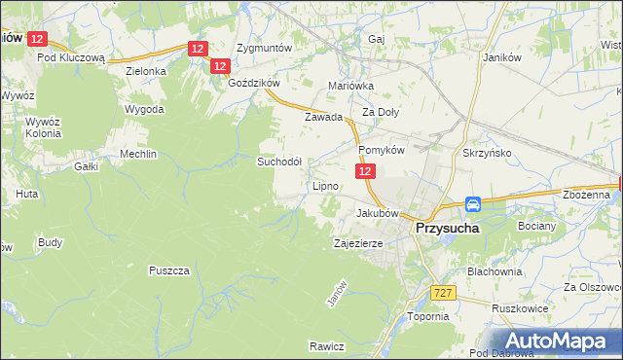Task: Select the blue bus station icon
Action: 472,204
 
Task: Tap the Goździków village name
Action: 253,84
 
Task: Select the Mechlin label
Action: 137,155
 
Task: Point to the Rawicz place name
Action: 327,346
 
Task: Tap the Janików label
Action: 503,56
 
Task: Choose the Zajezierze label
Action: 357,243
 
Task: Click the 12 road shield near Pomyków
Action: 364,171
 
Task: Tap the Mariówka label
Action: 351,86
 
